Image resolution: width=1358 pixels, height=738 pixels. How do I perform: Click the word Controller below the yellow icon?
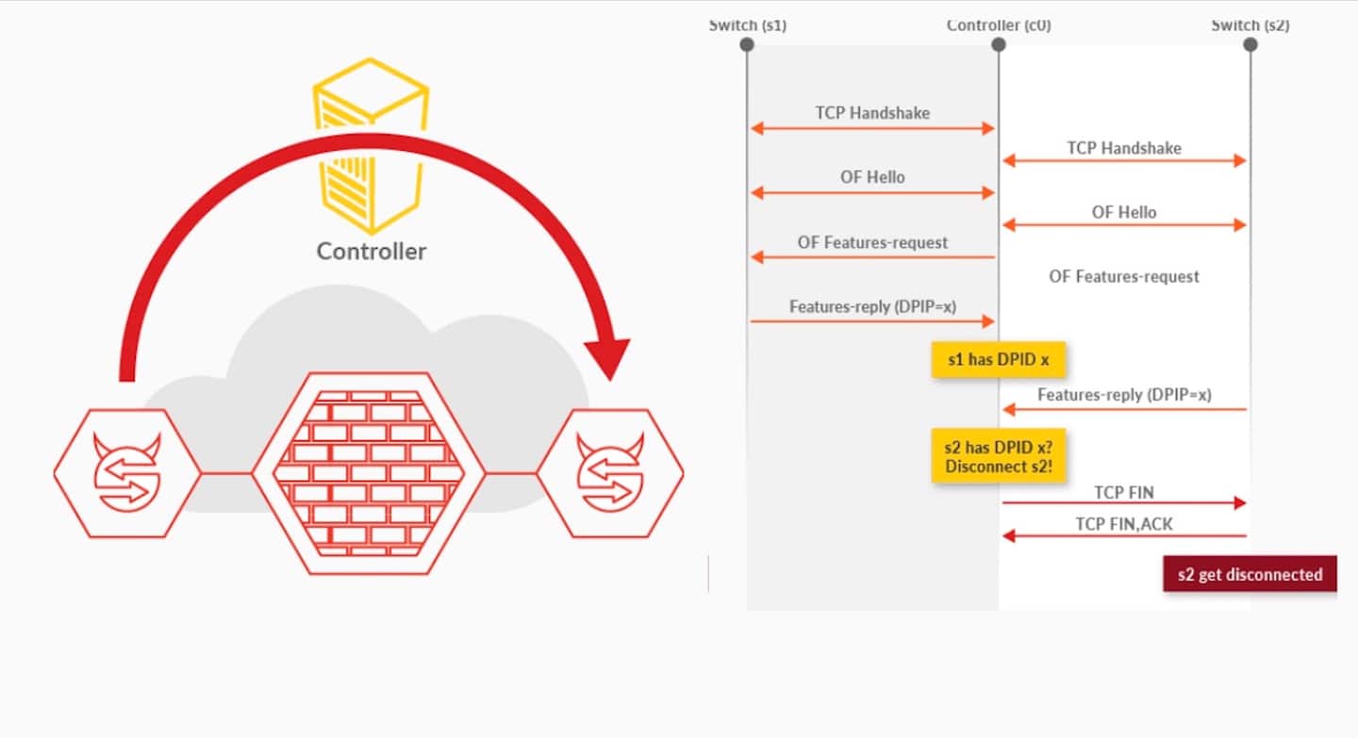pyautogui.click(x=371, y=251)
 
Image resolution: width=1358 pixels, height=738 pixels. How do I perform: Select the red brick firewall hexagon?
pyautogui.click(x=368, y=473)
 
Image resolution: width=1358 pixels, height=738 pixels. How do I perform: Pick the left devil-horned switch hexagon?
pyautogui.click(x=127, y=473)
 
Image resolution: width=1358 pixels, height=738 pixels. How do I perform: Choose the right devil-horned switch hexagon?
pyautogui.click(x=610, y=473)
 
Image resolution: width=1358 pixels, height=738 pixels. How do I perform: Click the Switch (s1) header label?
pyautogui.click(x=747, y=25)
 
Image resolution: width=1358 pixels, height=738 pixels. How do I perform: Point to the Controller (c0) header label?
pyautogui.click(x=998, y=25)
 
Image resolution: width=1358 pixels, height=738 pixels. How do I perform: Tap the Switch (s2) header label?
pyautogui.click(x=1250, y=25)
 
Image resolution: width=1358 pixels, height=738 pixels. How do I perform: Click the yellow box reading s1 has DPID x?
pyautogui.click(x=998, y=359)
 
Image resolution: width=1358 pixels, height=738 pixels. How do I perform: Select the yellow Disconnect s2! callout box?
pyautogui.click(x=998, y=455)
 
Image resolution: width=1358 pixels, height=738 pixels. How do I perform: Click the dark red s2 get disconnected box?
pyautogui.click(x=1250, y=574)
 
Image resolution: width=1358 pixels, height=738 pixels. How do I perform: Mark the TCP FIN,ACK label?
pyautogui.click(x=1124, y=523)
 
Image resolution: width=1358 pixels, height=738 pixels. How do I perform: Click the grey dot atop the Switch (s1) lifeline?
pyautogui.click(x=747, y=44)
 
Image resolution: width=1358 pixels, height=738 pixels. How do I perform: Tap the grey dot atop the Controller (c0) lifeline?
pyautogui.click(x=998, y=44)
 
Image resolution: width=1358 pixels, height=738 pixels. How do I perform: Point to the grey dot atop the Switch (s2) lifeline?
pyautogui.click(x=1250, y=44)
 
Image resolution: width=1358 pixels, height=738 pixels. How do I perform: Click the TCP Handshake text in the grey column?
pyautogui.click(x=872, y=113)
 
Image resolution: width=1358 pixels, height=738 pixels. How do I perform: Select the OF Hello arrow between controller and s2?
pyautogui.click(x=1124, y=225)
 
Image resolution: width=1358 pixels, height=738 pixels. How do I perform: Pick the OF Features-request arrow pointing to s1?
pyautogui.click(x=872, y=257)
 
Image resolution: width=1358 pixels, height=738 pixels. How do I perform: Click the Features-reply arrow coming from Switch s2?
pyautogui.click(x=1124, y=409)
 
